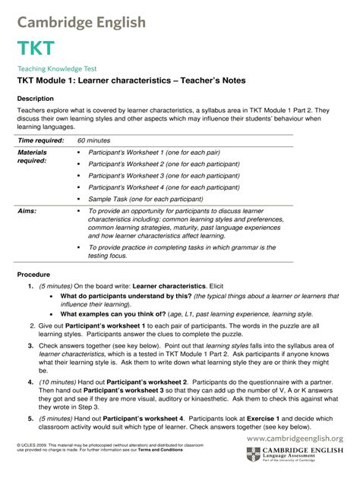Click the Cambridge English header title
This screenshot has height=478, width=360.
click(81, 22)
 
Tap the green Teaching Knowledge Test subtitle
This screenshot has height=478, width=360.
click(57, 68)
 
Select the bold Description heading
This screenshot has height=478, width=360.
click(35, 99)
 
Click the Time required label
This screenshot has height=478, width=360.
click(40, 140)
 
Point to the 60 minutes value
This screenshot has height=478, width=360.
click(94, 140)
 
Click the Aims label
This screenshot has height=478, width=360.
click(27, 211)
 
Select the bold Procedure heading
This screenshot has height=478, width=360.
click(33, 274)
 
